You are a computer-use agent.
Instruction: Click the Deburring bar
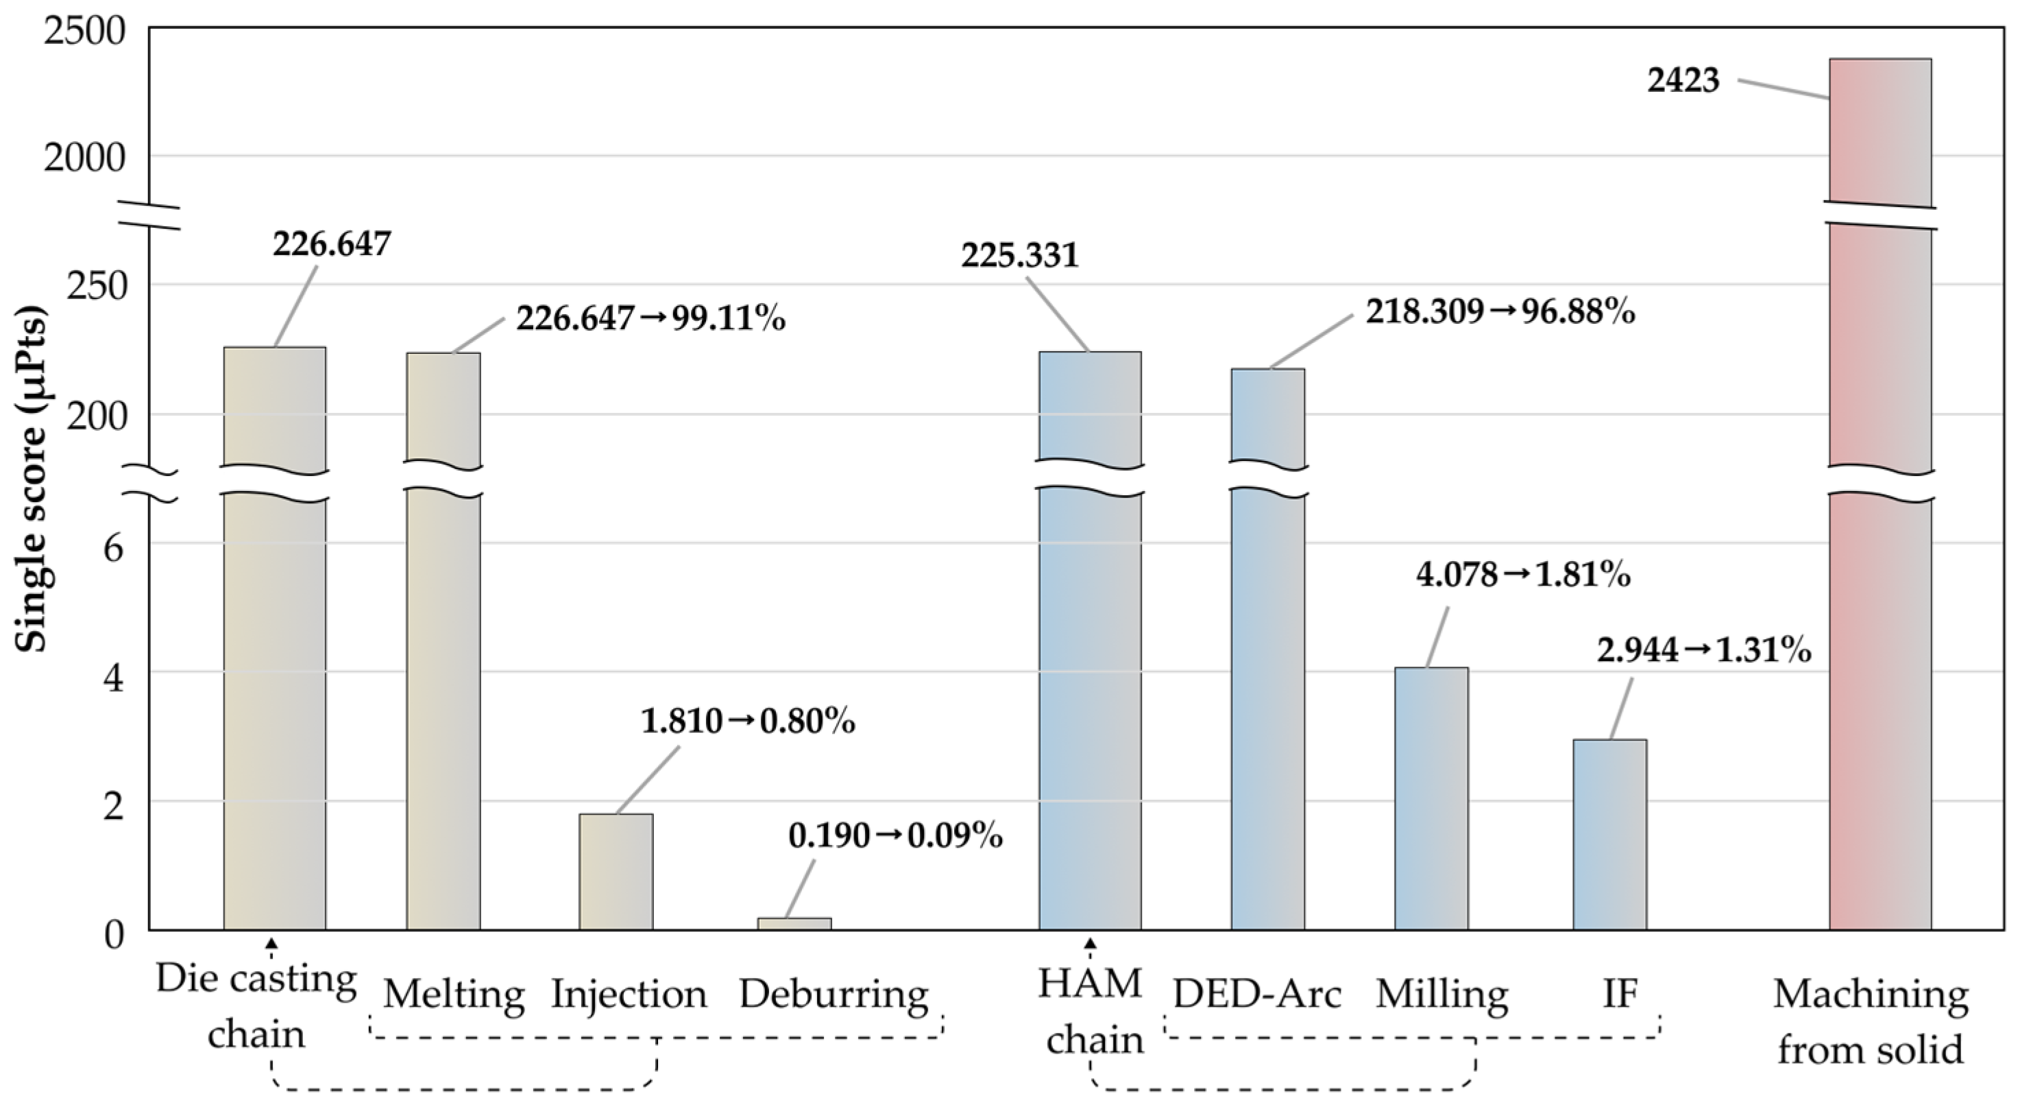[x=794, y=923]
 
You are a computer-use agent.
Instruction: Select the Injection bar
[x=616, y=872]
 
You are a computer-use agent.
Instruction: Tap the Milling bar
[x=1431, y=798]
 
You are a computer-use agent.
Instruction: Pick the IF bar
[x=1610, y=835]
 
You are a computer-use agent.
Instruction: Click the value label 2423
[x=1683, y=80]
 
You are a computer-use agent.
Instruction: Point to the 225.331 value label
[x=1020, y=255]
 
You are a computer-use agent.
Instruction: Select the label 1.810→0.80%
[x=748, y=721]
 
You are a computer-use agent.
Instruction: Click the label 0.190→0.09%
[x=895, y=836]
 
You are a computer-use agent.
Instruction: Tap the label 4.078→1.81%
[x=1524, y=575]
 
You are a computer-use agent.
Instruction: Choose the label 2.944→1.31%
[x=1704, y=650]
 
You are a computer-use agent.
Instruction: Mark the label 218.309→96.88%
[x=1501, y=312]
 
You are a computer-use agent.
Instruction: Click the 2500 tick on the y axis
[x=84, y=32]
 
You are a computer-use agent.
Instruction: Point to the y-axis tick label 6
[x=114, y=547]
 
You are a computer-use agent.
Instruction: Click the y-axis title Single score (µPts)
[x=32, y=479]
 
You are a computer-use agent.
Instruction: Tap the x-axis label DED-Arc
[x=1257, y=995]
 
